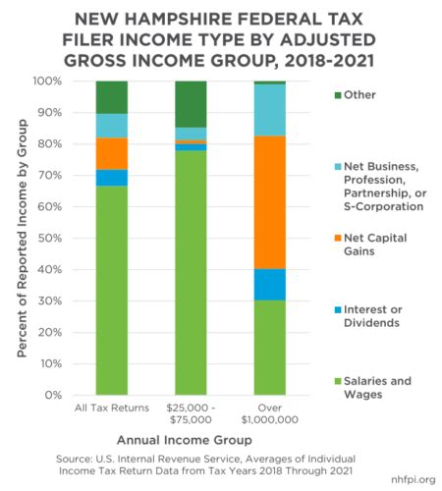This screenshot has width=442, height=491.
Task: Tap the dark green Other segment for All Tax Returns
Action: [111, 97]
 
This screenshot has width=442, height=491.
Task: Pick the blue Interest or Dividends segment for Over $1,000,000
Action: [270, 285]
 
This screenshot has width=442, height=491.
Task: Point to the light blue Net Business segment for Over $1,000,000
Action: [270, 110]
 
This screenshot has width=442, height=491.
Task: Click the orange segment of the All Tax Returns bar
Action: [111, 154]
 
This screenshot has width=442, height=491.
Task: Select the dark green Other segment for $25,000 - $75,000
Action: [191, 104]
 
